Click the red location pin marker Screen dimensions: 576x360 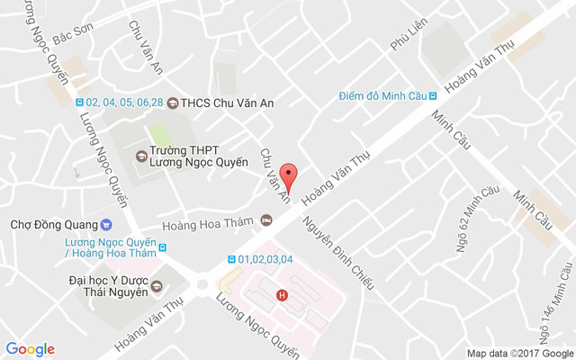(x=288, y=175)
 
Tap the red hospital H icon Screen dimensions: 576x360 (x=283, y=294)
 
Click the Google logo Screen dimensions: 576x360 (x=30, y=349)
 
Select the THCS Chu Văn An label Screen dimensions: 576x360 (x=227, y=103)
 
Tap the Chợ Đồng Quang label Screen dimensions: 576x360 (x=51, y=224)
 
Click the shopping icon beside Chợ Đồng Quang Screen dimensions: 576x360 (x=106, y=224)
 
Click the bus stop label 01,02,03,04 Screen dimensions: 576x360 (x=265, y=260)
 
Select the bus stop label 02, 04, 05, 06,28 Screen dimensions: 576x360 (x=125, y=103)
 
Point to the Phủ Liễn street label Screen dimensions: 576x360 (x=402, y=40)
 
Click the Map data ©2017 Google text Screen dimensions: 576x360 (x=518, y=352)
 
